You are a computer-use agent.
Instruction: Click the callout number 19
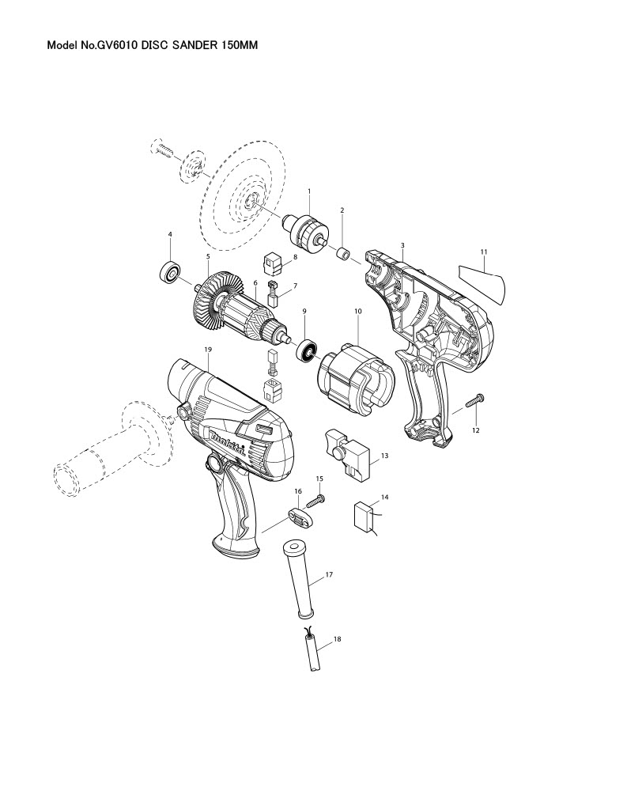click(x=208, y=350)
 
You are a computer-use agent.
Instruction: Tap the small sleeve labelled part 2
click(x=343, y=255)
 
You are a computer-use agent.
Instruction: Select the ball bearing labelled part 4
click(x=170, y=271)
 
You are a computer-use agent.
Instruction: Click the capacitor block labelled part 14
click(x=364, y=516)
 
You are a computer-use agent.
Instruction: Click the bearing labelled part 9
click(x=306, y=350)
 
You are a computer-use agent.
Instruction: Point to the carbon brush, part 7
click(x=273, y=293)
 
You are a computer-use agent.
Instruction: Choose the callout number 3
click(x=402, y=245)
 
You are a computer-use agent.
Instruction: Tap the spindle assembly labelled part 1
click(x=307, y=233)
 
